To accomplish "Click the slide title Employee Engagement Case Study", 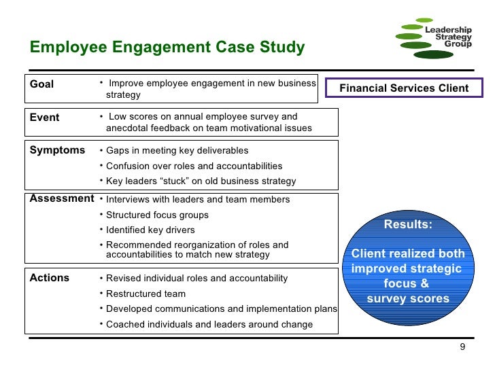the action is [167, 48].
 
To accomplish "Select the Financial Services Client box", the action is [404, 88].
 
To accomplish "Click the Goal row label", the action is [42, 84].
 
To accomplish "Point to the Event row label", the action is [45, 118].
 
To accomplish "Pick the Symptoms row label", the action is [57, 150].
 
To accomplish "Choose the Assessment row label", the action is [62, 198].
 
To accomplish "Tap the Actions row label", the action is [50, 277].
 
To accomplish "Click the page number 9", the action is [463, 348].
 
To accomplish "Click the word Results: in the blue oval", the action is [408, 225].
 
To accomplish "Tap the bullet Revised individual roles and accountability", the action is [197, 279].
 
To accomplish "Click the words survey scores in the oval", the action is [408, 299].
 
